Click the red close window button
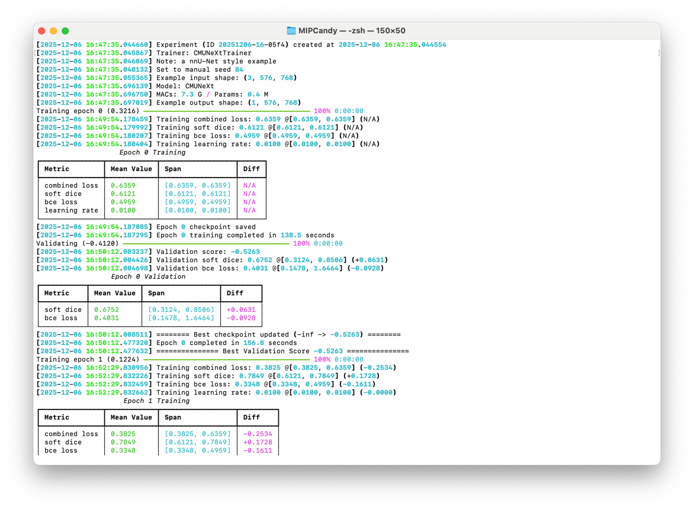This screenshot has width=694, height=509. (41, 31)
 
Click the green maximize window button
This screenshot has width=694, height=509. (65, 31)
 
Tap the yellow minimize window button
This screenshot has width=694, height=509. (53, 31)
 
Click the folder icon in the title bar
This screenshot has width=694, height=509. (291, 31)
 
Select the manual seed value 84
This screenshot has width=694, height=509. (239, 69)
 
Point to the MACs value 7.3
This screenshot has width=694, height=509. (187, 94)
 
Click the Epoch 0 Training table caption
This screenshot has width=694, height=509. (152, 152)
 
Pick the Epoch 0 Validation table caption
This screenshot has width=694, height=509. (148, 276)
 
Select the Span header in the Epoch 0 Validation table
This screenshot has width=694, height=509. (156, 293)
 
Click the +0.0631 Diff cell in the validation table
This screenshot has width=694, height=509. (241, 310)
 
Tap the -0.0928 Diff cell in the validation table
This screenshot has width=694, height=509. (241, 318)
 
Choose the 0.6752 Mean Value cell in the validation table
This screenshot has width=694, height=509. (107, 310)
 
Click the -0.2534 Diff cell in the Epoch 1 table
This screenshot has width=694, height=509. (258, 434)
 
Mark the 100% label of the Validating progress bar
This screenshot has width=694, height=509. (301, 243)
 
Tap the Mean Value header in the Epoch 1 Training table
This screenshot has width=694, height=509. (131, 417)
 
